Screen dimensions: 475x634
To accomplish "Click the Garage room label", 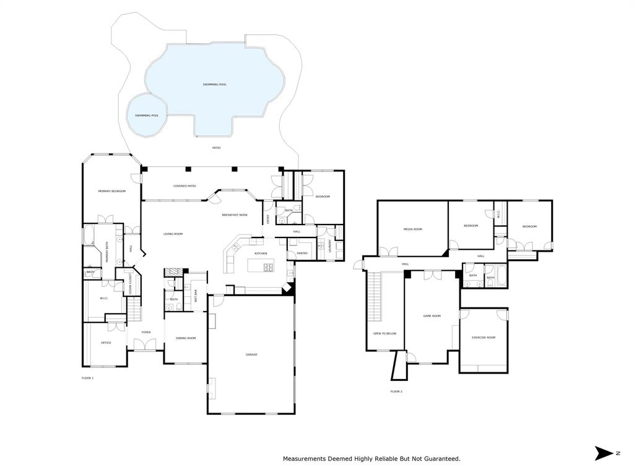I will tap(251, 354).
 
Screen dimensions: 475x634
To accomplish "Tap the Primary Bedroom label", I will tap(111, 191).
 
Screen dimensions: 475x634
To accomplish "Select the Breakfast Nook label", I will tap(235, 215).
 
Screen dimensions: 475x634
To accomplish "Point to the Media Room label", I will tap(413, 229).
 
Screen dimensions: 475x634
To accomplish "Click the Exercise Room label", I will tap(484, 337).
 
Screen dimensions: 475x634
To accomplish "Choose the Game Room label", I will tap(432, 315).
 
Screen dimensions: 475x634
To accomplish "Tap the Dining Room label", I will tap(186, 338).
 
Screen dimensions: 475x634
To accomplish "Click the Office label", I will tap(106, 342).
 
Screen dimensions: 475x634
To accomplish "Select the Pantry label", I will tap(302, 253).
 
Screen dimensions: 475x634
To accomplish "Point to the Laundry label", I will tap(330, 246).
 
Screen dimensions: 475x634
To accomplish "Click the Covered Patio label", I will tap(185, 186).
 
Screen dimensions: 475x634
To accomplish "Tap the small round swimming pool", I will tap(147, 115).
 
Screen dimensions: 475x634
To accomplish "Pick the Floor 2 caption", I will tap(396, 392).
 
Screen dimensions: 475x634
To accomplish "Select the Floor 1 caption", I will tap(87, 377).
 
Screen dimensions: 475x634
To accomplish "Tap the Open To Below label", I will tap(384, 333).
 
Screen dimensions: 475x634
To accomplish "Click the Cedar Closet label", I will tap(131, 284).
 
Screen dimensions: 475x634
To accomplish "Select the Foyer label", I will tap(146, 332).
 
